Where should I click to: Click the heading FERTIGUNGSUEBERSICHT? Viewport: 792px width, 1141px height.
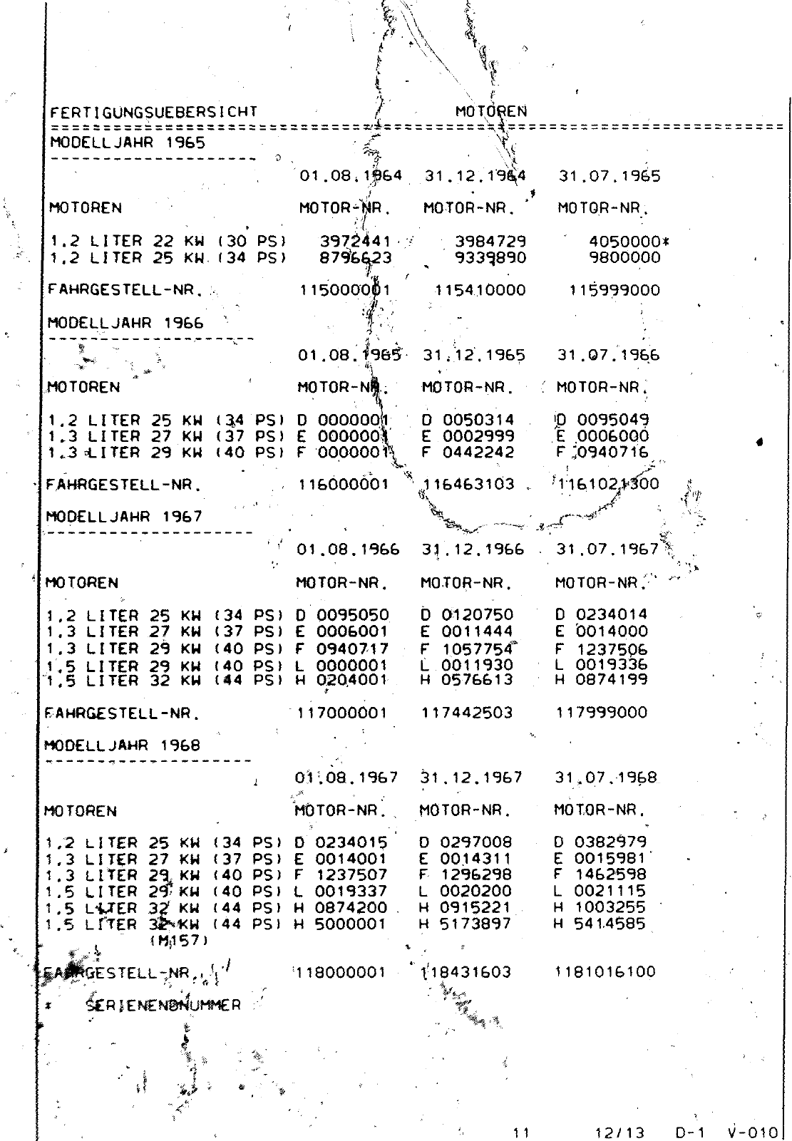click(153, 112)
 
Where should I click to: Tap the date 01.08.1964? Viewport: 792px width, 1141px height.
click(350, 175)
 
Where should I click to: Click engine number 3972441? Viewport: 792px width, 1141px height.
click(355, 242)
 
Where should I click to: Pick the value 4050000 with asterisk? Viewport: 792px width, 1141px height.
click(629, 242)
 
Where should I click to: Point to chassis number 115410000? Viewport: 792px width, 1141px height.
click(480, 290)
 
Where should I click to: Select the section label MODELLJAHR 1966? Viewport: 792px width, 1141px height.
click(125, 322)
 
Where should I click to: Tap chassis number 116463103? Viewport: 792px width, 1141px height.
click(468, 485)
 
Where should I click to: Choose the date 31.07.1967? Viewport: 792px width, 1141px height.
click(607, 549)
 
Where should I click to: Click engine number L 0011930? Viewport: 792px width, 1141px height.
click(466, 665)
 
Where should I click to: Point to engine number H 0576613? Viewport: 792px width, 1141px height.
click(466, 680)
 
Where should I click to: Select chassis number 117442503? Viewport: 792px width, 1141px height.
click(467, 713)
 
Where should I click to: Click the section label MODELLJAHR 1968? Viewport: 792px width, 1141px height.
click(123, 745)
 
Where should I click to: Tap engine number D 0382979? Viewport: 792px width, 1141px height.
click(600, 842)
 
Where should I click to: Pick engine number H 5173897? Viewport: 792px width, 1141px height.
click(465, 924)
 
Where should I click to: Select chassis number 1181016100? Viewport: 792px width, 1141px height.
click(605, 971)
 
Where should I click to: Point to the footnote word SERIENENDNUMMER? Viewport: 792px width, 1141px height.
click(163, 1006)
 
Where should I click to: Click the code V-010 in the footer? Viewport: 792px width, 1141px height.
click(751, 1131)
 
